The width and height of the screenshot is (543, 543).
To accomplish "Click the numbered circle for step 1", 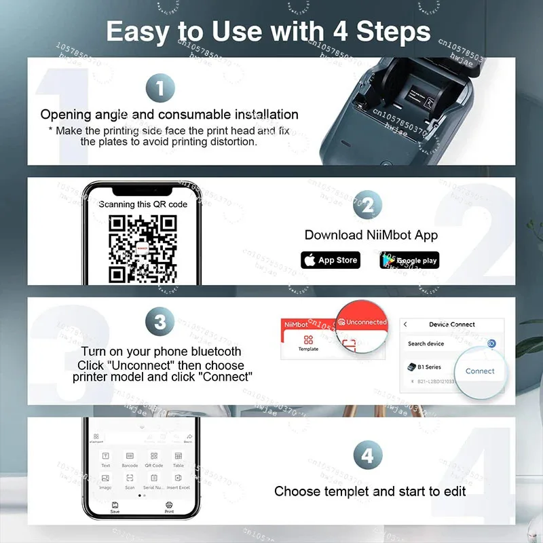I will [160, 88].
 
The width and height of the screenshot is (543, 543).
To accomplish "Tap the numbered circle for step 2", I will [367, 205].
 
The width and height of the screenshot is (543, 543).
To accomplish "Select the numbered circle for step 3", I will [160, 322].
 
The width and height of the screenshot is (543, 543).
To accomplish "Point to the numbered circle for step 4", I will [367, 455].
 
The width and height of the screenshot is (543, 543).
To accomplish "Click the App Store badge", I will [330, 260].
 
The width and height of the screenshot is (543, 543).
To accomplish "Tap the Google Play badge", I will [409, 260].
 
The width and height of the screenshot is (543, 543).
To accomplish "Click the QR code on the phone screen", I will [143, 248].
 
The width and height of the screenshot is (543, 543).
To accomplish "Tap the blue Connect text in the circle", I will [480, 371].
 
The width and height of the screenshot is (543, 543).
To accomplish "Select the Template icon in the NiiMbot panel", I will [308, 342].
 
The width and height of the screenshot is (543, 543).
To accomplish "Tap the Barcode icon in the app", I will [130, 460].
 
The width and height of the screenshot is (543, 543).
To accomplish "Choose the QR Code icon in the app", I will [154, 460].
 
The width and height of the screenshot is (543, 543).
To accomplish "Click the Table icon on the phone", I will [178, 460].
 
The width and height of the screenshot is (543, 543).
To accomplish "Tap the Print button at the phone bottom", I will [169, 507].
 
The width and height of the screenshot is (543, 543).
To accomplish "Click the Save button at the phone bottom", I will [115, 507].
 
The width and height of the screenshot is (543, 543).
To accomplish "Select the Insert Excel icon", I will [178, 481].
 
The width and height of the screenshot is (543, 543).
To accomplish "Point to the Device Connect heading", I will [452, 324].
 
